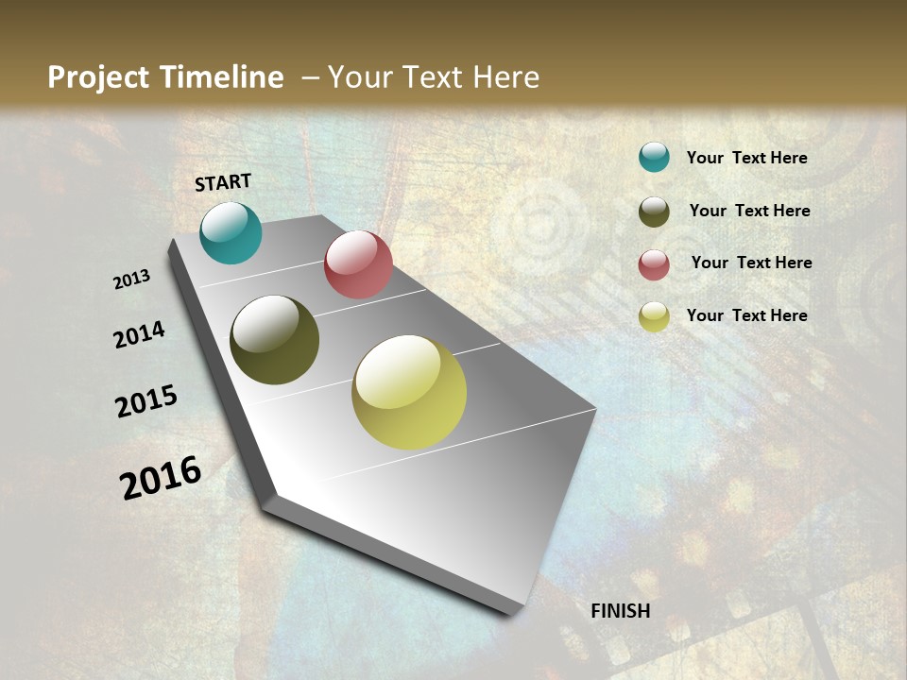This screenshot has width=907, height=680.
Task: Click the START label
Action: coord(223,182)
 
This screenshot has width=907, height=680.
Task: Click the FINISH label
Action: coord(620,611)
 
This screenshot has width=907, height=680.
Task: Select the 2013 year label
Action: coord(131,280)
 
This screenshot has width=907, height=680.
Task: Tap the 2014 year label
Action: coord(139,334)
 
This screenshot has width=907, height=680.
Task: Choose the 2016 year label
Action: coord(161,478)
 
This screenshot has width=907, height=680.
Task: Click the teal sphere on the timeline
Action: coord(231,232)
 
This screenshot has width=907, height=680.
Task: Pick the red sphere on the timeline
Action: coord(358,264)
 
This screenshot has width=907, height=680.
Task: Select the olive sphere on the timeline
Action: coord(274,340)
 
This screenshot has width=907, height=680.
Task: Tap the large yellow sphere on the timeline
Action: coord(409,392)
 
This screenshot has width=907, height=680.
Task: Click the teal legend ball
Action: coord(654,157)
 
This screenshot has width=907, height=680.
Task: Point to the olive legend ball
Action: coord(654,212)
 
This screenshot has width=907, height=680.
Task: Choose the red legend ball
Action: coord(654,264)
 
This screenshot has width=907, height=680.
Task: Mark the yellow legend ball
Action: coord(654,316)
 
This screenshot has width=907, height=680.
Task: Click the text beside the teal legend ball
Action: coord(746,158)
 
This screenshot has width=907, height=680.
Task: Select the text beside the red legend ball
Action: coord(751,263)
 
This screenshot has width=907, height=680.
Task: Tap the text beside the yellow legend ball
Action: coord(746,315)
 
